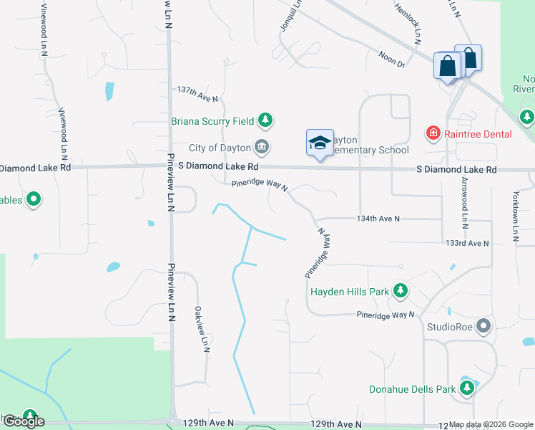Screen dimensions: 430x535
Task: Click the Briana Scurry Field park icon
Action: coord(265,120)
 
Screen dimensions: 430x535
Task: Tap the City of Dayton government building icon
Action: coord(262,148)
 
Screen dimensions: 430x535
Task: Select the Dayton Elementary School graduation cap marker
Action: coord(320,142)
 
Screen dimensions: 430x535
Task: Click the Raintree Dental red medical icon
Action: coord(433,133)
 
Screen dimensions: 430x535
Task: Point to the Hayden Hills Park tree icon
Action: coord(401,291)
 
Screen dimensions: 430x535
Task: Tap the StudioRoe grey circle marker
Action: coord(484,327)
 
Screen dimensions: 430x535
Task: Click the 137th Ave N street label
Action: coord(197,91)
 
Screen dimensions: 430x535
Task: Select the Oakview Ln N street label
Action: coord(201,329)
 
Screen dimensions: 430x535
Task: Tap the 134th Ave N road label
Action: coord(378,218)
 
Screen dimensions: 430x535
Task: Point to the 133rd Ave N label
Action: coord(467,244)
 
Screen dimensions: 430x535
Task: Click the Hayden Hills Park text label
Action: coord(350,292)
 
